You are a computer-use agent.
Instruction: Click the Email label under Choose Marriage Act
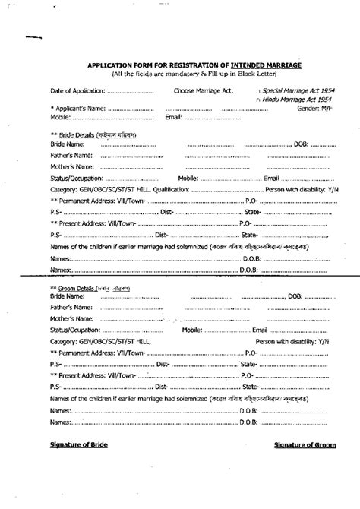[172, 118]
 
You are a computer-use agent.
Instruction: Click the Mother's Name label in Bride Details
[71, 166]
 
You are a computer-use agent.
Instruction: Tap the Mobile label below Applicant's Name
[60, 118]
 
